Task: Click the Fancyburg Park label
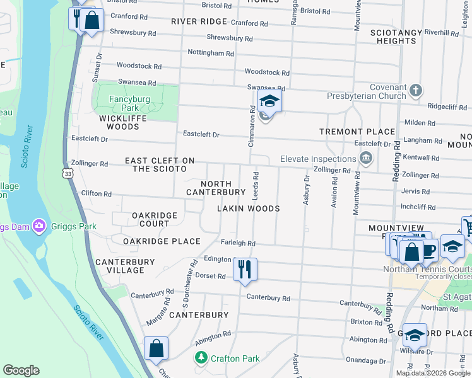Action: coord(128,103)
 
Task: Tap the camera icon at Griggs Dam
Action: coord(39,225)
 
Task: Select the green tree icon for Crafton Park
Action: coord(201,358)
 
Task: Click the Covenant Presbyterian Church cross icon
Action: coord(415,91)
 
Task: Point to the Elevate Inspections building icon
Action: coord(365,157)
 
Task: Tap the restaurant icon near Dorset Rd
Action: coord(244,269)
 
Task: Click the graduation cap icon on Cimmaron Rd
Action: coord(269,101)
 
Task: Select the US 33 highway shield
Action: coord(67,172)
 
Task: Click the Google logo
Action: coord(21,370)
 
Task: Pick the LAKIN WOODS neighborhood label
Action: coord(248,208)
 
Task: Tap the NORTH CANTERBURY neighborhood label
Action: coord(215,187)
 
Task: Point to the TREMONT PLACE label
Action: coord(357,132)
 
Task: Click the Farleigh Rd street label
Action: coord(238,243)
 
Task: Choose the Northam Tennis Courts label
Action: coord(427,270)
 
